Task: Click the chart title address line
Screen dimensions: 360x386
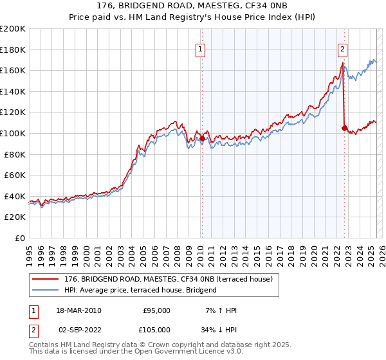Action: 193,6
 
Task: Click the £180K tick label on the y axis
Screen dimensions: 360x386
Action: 13,50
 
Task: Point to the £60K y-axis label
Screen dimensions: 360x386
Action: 15,175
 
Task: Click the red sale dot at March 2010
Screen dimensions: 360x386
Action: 202,138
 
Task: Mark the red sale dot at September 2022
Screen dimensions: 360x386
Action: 344,128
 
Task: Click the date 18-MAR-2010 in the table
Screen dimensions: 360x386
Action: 79,310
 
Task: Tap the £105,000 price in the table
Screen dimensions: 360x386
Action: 156,329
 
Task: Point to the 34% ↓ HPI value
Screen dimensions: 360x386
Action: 217,329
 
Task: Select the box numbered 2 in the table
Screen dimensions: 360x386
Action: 33,329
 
